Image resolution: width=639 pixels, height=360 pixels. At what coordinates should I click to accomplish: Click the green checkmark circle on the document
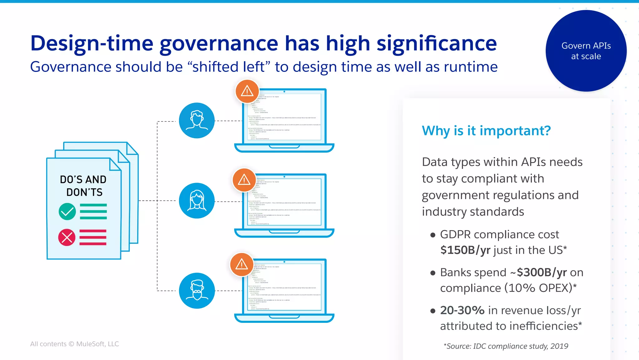(67, 212)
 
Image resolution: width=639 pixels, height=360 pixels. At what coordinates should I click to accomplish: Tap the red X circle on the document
(67, 238)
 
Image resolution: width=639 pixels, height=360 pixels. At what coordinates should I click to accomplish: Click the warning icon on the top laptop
(247, 91)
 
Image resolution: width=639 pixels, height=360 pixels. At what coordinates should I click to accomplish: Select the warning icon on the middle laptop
(244, 180)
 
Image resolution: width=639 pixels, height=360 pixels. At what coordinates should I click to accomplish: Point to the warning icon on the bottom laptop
(241, 264)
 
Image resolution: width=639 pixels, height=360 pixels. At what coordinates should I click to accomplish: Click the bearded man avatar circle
(197, 291)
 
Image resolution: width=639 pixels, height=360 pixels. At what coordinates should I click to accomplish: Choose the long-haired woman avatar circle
(197, 201)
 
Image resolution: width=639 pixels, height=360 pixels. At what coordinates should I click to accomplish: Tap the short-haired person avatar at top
(197, 121)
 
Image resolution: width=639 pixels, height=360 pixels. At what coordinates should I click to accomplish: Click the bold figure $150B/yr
(465, 250)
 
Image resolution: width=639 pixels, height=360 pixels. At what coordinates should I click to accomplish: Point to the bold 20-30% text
(462, 310)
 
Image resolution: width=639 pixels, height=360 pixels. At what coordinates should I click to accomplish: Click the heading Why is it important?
(486, 131)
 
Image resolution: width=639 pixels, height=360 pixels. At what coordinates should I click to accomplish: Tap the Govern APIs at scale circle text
(586, 51)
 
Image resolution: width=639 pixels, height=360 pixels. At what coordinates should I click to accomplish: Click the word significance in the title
(437, 43)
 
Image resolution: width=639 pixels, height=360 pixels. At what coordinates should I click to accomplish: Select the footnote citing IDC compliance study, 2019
(506, 346)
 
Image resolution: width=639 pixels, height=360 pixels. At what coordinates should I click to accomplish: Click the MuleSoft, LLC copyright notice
(75, 344)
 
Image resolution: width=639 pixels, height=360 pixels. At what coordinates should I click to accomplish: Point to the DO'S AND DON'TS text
(83, 186)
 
